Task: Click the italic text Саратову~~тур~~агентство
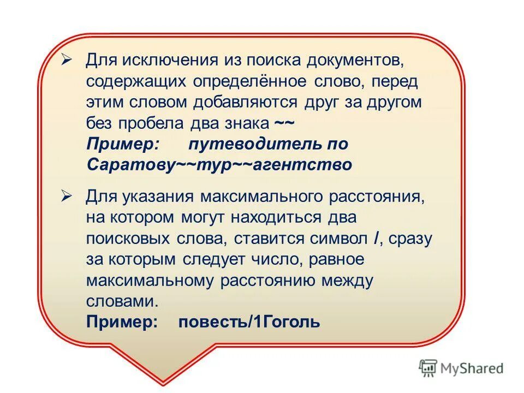219,164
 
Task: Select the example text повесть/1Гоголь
249,321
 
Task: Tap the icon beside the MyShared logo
428,368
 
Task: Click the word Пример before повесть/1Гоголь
122,321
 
